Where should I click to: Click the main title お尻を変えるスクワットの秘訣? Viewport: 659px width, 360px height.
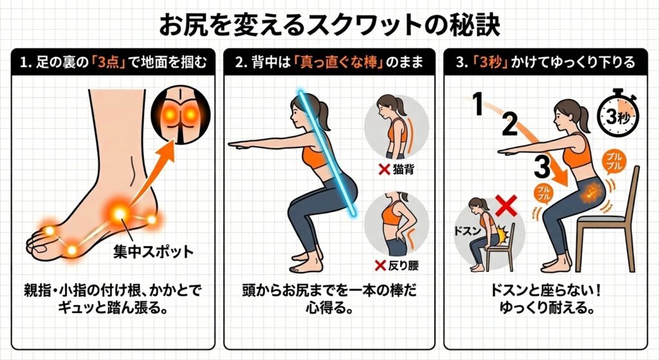tap(329, 25)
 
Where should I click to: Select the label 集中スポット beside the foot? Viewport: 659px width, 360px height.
tap(153, 252)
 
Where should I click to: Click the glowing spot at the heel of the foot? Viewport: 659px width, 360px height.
tap(152, 220)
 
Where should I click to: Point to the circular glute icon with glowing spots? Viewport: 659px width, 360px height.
tap(180, 115)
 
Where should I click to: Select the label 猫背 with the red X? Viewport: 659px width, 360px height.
tap(396, 169)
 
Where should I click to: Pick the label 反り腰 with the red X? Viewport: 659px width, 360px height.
tap(397, 265)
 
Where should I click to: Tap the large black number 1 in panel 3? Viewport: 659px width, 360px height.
tap(477, 104)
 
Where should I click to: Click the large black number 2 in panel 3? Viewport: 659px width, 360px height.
tap(510, 124)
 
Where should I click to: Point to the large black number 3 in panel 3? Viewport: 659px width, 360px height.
tap(543, 166)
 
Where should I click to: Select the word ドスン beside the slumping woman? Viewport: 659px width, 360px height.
tap(467, 230)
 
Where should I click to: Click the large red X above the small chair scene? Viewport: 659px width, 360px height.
tap(506, 206)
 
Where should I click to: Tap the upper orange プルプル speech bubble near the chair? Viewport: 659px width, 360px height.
tap(615, 162)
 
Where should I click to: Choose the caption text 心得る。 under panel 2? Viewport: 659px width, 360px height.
tap(329, 308)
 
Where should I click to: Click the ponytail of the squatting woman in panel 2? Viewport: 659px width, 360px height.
tap(322, 115)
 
